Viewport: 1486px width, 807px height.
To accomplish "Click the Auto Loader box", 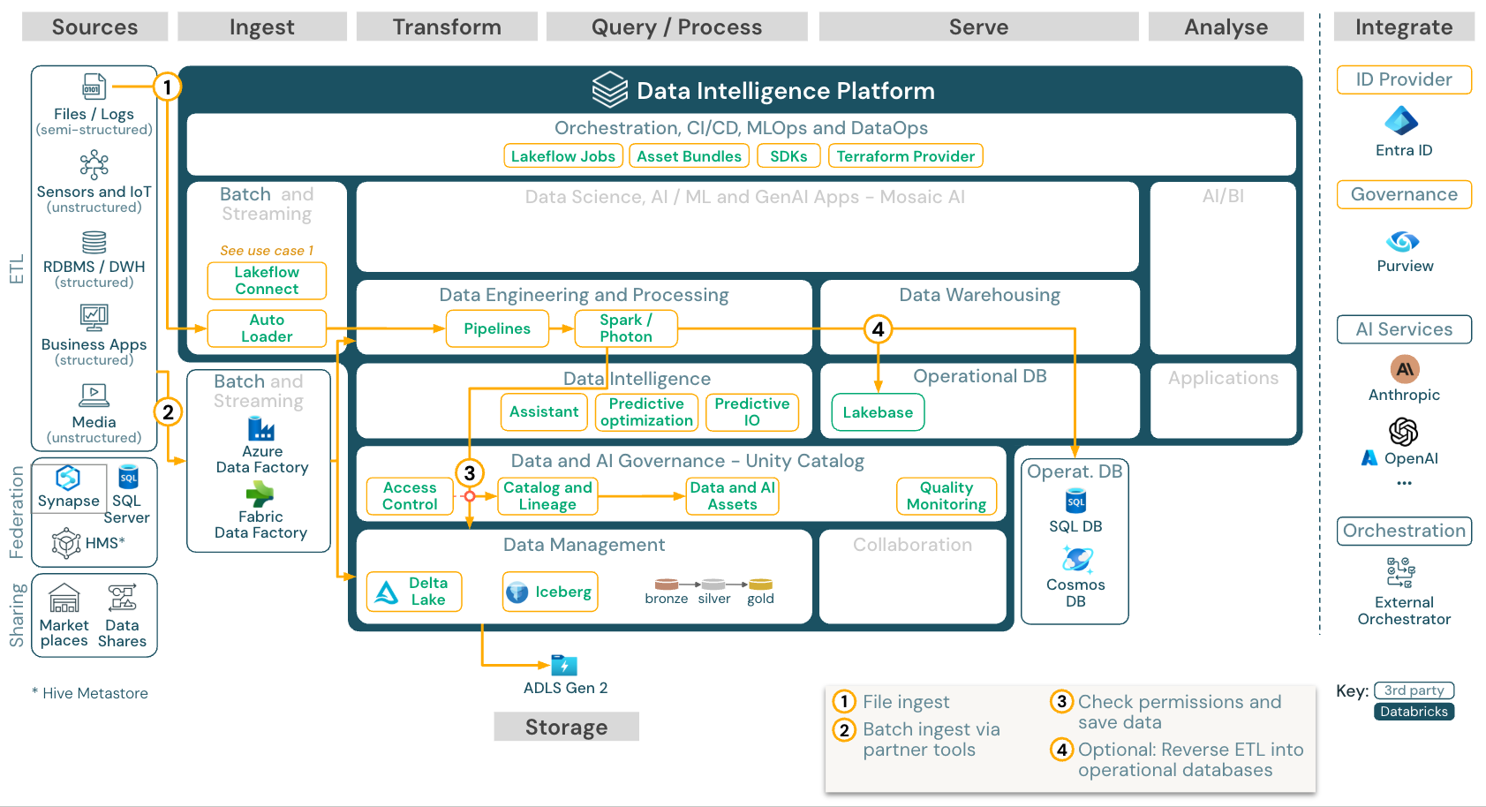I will (267, 328).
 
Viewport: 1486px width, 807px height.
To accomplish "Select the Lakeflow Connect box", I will (267, 281).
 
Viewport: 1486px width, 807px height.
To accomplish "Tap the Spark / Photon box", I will (626, 328).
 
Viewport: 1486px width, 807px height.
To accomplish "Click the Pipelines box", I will (497, 328).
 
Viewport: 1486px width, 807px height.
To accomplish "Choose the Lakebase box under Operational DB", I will (878, 412).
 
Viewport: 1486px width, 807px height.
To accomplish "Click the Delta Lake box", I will (414, 592).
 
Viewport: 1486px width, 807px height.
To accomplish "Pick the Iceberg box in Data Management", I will (550, 592).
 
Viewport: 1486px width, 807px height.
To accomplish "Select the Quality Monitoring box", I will (947, 496).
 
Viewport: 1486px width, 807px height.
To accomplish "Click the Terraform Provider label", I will (906, 156).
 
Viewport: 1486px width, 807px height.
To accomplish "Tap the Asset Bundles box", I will (689, 156).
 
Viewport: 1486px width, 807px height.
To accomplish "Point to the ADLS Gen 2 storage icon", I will (563, 665).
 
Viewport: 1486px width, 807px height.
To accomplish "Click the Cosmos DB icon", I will (1076, 559).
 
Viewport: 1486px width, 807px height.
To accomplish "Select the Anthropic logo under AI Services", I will (1404, 369).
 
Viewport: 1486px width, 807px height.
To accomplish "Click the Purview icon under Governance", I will (1403, 241).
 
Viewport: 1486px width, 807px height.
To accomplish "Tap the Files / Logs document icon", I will (94, 87).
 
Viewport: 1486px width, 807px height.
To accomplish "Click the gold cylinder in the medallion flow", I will (760, 585).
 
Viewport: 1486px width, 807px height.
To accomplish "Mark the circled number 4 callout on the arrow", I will (878, 329).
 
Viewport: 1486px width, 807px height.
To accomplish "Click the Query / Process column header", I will (676, 27).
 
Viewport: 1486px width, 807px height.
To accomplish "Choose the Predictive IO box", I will (752, 412).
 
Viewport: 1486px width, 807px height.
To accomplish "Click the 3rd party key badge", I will (1414, 690).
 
